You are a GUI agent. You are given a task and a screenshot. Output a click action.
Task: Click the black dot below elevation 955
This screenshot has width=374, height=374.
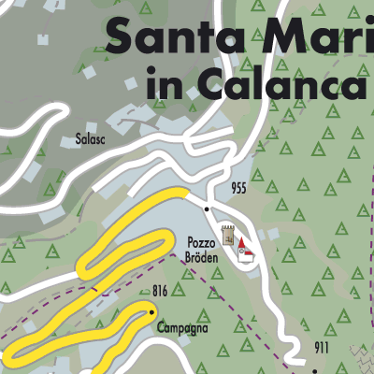coord(207,210)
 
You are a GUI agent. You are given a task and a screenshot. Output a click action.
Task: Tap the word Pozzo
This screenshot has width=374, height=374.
coord(201,240)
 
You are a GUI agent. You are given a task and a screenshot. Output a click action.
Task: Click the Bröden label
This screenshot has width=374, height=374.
coord(201,256)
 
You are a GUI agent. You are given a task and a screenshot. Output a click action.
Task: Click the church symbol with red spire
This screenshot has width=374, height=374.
coord(245,251)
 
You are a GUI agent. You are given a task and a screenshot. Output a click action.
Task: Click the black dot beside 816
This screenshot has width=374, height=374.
coord(152,309)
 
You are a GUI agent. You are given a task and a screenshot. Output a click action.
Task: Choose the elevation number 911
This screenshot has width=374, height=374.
coord(322,349)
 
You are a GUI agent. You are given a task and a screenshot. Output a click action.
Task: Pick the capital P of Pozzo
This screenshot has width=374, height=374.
coord(190,240)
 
